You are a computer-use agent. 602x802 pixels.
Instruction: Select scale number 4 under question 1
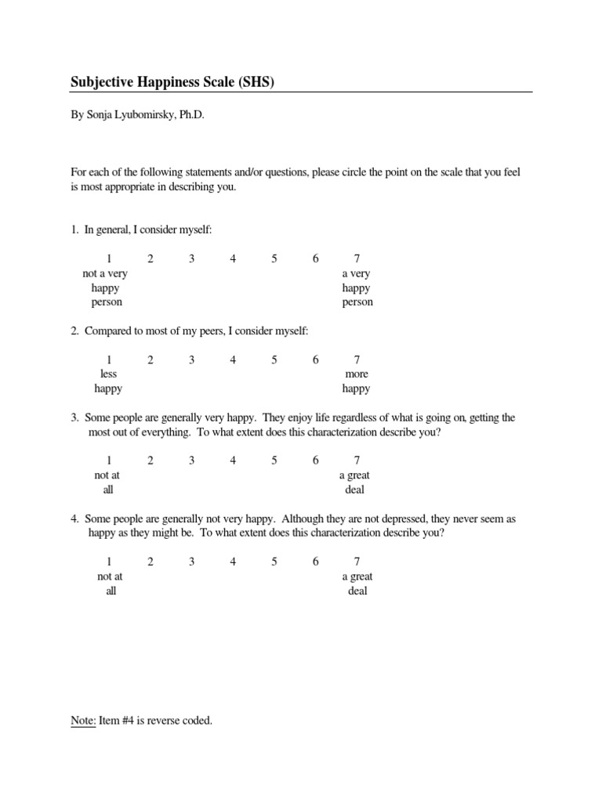[233, 259]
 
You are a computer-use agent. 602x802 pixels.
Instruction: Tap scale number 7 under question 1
[357, 259]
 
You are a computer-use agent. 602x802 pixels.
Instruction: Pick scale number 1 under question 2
[109, 360]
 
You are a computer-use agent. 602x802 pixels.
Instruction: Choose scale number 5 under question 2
[274, 360]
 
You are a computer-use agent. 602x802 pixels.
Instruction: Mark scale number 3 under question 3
[191, 461]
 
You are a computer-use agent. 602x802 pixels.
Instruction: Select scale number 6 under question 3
[315, 461]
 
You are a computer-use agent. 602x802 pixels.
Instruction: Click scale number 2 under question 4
[150, 562]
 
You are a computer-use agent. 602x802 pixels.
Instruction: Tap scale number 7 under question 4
[357, 562]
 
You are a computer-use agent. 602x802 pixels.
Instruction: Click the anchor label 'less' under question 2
[108, 374]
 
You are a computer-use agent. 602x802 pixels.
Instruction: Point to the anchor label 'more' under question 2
[357, 374]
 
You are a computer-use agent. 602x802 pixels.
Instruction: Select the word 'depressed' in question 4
[400, 519]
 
